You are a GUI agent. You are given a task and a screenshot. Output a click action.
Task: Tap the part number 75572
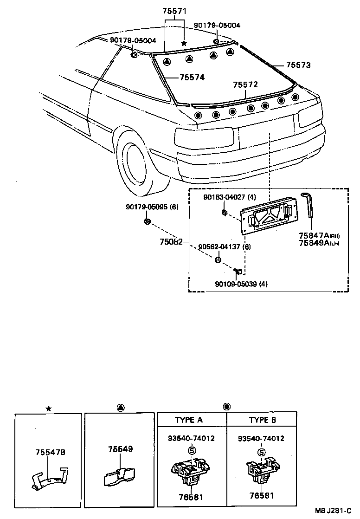[x=245, y=84]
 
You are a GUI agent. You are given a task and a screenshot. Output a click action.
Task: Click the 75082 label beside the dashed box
[x=172, y=242]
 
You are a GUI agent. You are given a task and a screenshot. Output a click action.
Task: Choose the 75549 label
[x=120, y=449]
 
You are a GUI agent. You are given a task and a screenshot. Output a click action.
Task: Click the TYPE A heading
[x=188, y=420]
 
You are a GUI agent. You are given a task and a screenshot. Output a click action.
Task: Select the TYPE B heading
[x=262, y=420]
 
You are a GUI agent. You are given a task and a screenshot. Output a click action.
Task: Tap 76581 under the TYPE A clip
[x=190, y=497]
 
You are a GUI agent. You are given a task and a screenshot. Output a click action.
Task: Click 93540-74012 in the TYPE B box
[x=261, y=438]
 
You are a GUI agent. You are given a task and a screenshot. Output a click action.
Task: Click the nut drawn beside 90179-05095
[x=147, y=221]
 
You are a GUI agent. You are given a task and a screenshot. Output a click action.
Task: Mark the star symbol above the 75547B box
[x=48, y=409]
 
